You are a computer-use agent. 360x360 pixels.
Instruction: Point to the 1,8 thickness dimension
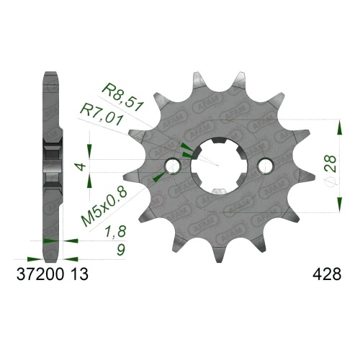[x=109, y=233]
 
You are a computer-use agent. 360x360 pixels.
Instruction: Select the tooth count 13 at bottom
[x=81, y=274]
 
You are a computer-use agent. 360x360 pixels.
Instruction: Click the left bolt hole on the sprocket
[x=173, y=166]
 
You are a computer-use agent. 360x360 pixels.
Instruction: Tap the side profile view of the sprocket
[x=50, y=166]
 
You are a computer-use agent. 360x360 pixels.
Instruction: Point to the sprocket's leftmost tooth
[x=130, y=176]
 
